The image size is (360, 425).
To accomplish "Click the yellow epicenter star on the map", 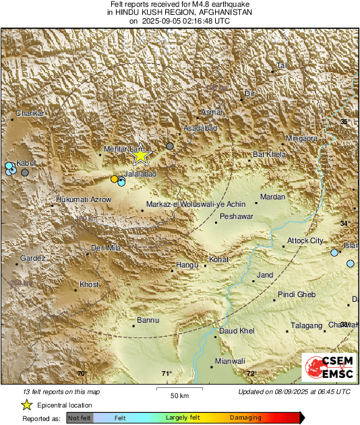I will pyautogui.click(x=140, y=156).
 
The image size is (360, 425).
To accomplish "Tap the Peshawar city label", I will pyautogui.click(x=235, y=217).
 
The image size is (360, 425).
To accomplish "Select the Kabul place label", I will pyautogui.click(x=26, y=164).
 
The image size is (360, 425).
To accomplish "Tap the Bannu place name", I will pyautogui.click(x=148, y=320).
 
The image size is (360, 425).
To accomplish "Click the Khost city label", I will pyautogui.click(x=89, y=284).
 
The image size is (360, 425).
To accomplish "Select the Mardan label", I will pyautogui.click(x=272, y=197).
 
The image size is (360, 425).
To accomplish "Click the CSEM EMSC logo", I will pyautogui.click(x=325, y=369).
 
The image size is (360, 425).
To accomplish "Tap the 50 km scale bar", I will pyautogui.click(x=179, y=390).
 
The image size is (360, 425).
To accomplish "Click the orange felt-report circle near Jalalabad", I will pyautogui.click(x=115, y=178).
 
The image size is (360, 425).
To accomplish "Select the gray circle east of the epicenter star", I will pyautogui.click(x=170, y=145).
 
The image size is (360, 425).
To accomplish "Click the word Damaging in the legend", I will pyautogui.click(x=246, y=418).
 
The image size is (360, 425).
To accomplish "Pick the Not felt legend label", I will pyautogui.click(x=80, y=418).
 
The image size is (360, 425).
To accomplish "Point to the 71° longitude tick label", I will pyautogui.click(x=167, y=373).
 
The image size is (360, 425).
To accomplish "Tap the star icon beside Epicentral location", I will pyautogui.click(x=26, y=405).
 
